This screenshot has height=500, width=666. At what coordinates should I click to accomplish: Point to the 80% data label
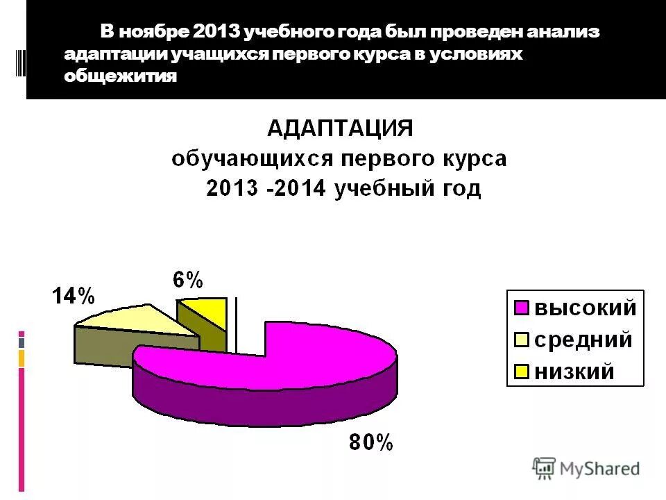(370, 442)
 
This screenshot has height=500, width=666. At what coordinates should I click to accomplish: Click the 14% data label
(73, 297)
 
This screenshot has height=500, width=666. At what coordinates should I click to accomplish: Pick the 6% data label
(188, 280)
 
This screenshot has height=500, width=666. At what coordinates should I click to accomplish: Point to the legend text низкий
(573, 372)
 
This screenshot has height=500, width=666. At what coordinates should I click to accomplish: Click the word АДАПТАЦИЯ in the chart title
(340, 128)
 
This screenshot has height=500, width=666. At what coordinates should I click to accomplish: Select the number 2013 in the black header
(217, 33)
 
